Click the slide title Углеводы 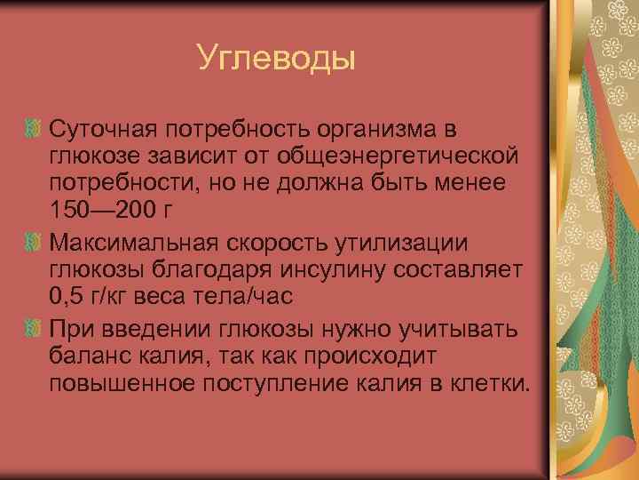[x=275, y=59]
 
